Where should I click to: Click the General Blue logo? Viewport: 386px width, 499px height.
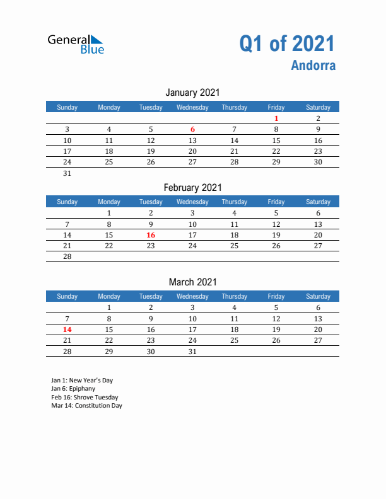[76, 43]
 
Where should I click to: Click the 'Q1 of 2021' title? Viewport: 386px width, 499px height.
[287, 43]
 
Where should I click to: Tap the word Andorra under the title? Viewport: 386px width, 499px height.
[313, 66]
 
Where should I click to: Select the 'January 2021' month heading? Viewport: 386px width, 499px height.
[193, 93]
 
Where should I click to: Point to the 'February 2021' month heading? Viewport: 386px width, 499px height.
[193, 187]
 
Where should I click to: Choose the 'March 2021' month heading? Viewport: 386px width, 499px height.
[193, 282]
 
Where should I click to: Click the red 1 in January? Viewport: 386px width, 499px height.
[276, 118]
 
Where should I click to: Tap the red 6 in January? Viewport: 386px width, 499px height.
[192, 129]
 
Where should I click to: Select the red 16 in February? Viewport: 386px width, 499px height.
[151, 235]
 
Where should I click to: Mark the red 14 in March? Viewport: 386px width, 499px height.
[67, 330]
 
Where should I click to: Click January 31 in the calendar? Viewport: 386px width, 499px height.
[67, 173]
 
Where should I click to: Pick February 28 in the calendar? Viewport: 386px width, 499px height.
[67, 256]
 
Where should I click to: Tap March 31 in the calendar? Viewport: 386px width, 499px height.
[192, 352]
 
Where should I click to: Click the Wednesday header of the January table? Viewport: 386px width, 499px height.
[192, 107]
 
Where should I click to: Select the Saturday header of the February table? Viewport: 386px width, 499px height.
[318, 202]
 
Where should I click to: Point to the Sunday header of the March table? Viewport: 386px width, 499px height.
[67, 296]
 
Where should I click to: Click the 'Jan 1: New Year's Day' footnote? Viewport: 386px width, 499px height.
[82, 381]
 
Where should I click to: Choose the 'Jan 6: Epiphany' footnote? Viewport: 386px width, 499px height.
[73, 389]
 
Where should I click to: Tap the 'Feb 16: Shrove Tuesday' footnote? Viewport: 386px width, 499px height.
[85, 398]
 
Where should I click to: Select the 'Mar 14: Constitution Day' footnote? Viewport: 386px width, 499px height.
[86, 406]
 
